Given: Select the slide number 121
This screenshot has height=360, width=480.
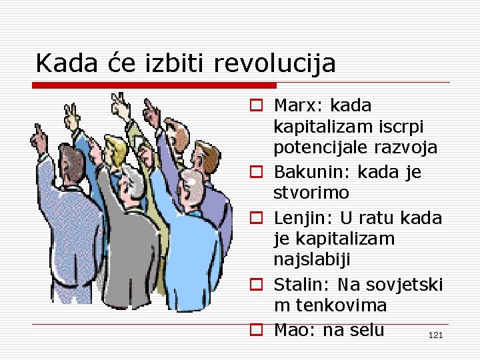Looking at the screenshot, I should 435,335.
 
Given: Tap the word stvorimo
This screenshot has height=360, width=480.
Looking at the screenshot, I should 311,193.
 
